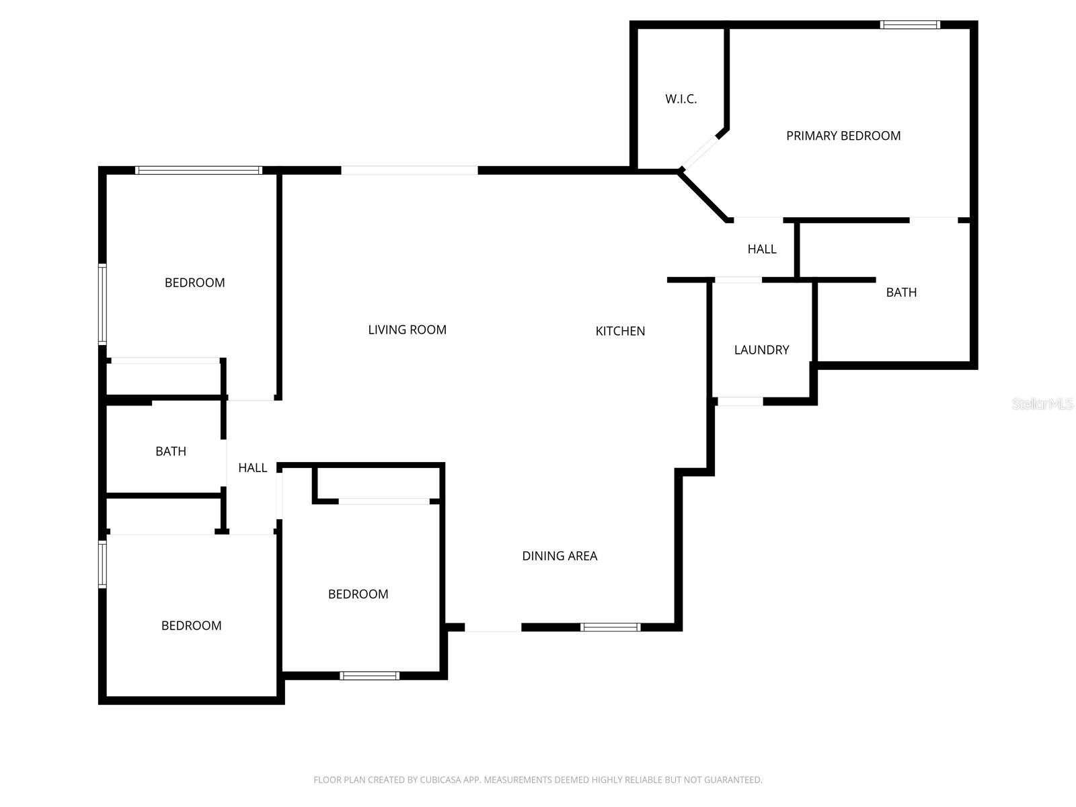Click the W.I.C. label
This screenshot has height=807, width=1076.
coord(681,99)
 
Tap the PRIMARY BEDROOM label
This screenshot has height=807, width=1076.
coord(843,136)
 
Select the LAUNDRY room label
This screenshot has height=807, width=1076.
coord(761,350)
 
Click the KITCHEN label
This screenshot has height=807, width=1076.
coord(620,331)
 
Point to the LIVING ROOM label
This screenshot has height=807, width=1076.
coord(407,330)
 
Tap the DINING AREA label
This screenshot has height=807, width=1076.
coord(560,555)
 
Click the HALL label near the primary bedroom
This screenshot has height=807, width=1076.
coord(762,249)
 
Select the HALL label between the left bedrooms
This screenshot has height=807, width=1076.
coord(252,467)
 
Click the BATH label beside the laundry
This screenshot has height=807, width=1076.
coord(901,292)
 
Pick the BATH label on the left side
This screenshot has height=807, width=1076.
coord(171,451)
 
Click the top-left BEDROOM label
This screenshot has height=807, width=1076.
coord(194,282)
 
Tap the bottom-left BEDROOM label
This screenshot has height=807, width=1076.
coord(191,625)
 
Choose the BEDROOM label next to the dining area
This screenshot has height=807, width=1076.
coord(358,594)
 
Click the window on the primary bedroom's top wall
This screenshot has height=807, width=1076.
coord(910,25)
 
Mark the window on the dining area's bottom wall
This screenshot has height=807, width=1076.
coord(610,627)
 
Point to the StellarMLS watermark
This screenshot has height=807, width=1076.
coord(1042,403)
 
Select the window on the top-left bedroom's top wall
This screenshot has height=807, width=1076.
coord(198,170)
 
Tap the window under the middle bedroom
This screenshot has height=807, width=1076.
coord(369,676)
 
